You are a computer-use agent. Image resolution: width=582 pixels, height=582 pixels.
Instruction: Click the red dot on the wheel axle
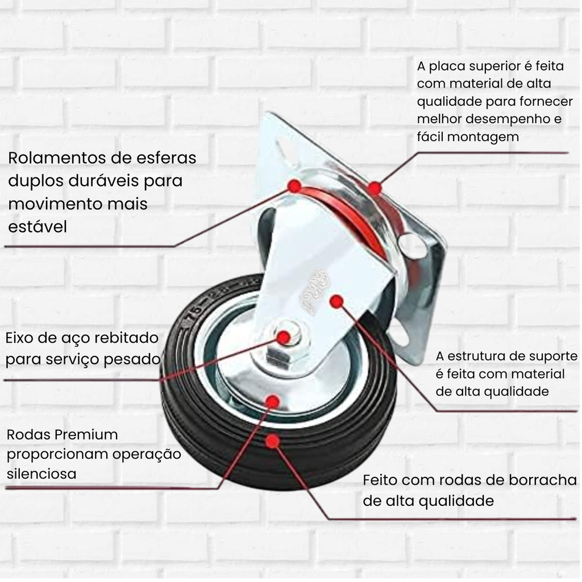pos(284,338)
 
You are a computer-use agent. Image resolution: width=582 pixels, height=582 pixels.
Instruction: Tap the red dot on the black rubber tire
pos(273,441)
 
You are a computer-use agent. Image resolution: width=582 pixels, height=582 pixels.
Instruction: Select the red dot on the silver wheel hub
pos(273,401)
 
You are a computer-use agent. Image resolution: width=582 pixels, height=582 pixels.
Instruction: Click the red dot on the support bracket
pos(336,301)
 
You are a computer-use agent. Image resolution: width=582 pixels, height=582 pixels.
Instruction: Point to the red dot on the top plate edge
pos(375,188)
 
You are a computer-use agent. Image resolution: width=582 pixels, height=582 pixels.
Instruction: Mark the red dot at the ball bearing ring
pos(294,186)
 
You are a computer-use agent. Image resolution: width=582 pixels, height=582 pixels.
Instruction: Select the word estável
pos(38,227)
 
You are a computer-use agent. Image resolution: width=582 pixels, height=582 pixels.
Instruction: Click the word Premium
pos(86,434)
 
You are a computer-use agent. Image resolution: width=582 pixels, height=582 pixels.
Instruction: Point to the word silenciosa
pos(41,473)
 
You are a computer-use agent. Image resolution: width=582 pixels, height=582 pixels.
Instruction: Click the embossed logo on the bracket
pos(314,292)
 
